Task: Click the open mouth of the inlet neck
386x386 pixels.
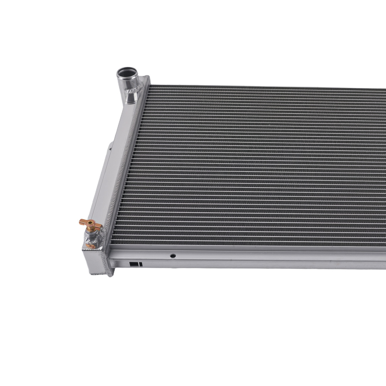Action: [x=127, y=72]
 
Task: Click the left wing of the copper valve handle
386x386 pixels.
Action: [x=82, y=222]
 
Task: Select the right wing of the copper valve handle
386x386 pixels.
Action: [x=97, y=225]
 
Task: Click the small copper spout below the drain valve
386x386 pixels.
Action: [x=90, y=246]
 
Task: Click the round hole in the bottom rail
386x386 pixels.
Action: [x=173, y=256]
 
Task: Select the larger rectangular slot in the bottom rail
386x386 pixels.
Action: [x=134, y=264]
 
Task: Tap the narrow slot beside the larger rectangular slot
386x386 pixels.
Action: [x=141, y=265]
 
